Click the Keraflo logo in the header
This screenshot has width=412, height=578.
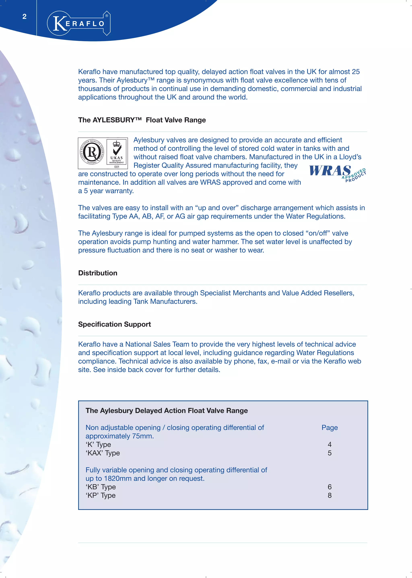tap(79, 23)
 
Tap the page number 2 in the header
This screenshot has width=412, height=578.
tap(24, 17)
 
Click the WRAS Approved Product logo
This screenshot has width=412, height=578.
tap(337, 173)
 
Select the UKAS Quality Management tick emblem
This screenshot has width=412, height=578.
tap(117, 153)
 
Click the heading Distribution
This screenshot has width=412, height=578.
tap(98, 273)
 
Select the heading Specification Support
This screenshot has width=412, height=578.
tap(114, 324)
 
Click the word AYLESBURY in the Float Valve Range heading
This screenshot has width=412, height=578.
tap(114, 120)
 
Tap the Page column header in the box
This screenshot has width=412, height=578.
tap(330, 428)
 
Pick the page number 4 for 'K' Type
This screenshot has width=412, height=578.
tap(330, 445)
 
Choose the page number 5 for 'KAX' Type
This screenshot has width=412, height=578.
tap(330, 453)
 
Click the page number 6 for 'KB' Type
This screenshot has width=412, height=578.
tap(330, 487)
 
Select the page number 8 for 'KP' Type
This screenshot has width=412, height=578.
tap(330, 495)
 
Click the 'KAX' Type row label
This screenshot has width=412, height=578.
tap(103, 453)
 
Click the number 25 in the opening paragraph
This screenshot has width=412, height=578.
tap(355, 72)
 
